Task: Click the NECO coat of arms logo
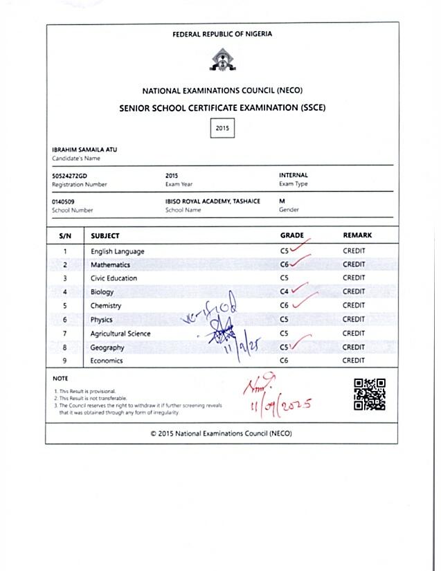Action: coord(222,60)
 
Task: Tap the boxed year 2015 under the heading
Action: coord(222,128)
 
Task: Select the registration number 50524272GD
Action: coord(70,176)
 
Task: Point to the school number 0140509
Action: coord(63,201)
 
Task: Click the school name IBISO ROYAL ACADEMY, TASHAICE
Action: coord(208,201)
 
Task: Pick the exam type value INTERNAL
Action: coord(294,176)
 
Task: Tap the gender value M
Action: coord(282,201)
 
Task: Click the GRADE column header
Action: coord(291,235)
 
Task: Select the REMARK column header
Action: coord(357,235)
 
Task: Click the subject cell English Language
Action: coord(118,251)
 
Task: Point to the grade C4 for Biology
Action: coord(284,292)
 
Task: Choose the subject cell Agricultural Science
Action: coord(120,334)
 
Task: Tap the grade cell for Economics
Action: coord(284,361)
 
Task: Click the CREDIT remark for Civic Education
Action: coord(354,278)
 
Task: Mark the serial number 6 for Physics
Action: coord(65,320)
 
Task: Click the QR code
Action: coord(370,395)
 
